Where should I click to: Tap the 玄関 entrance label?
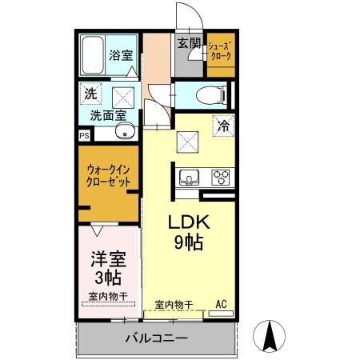point(189,44)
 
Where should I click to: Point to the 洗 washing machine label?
point(92,94)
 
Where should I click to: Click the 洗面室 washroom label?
point(106,115)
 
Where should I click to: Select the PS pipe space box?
point(84,135)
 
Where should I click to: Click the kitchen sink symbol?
point(189,177)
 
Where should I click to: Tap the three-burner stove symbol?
point(221,177)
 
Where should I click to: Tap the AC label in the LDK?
point(222,304)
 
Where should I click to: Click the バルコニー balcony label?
point(156,338)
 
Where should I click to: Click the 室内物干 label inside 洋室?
point(107,298)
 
